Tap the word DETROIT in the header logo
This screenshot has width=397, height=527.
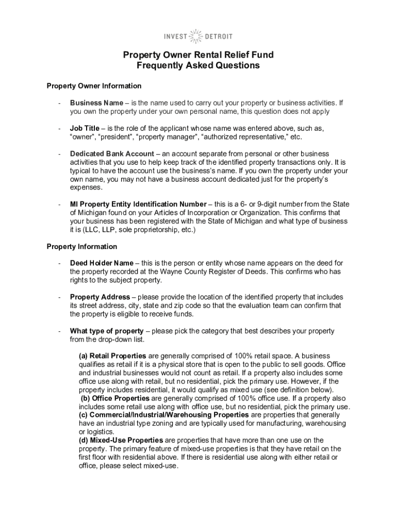(219, 37)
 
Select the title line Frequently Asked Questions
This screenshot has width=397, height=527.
(198, 65)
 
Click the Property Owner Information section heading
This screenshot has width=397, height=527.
(94, 85)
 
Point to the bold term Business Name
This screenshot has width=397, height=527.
(96, 102)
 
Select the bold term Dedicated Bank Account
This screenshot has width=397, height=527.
(112, 154)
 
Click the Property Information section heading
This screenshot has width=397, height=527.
(81, 247)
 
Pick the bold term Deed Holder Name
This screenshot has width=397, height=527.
(102, 263)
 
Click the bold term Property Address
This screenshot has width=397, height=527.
(100, 297)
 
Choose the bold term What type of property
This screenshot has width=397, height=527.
(107, 331)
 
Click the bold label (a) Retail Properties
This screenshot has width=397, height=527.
(113, 356)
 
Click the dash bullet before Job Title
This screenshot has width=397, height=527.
(60, 128)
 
